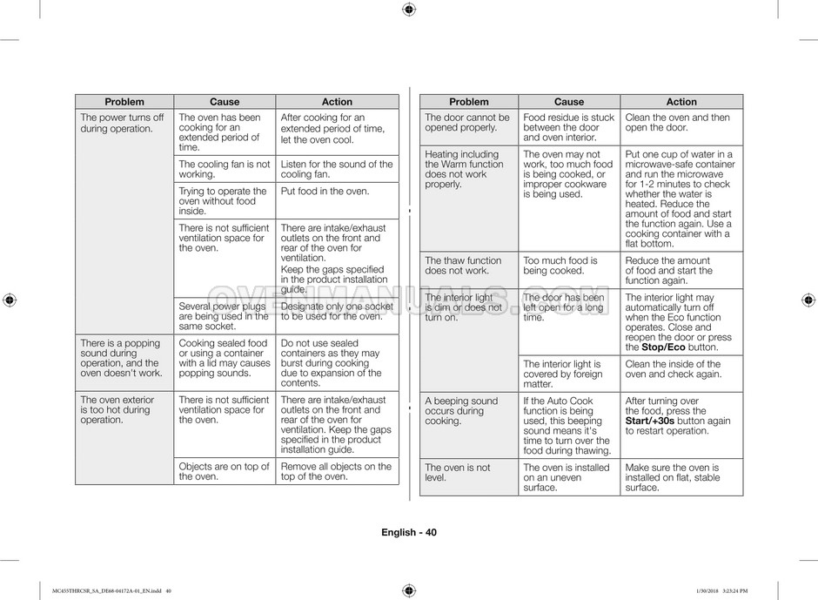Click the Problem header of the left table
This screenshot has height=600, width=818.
(124, 102)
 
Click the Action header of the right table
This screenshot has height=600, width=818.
(681, 102)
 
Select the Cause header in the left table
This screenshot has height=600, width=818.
(225, 102)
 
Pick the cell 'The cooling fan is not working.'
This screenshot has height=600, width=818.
(225, 169)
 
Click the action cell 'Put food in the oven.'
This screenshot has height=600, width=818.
(325, 192)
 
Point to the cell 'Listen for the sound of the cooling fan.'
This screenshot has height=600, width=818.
(337, 169)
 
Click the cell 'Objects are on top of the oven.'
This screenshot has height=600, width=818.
(225, 471)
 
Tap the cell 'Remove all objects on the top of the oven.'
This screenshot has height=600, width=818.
(336, 471)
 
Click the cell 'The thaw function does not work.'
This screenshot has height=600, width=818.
(463, 266)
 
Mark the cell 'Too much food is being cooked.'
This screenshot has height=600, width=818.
(560, 266)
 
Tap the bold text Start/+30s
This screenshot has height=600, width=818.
(650, 421)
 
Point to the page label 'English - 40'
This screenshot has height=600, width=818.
(409, 533)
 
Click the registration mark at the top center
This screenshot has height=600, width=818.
(409, 10)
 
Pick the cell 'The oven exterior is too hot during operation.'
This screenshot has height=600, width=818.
(117, 409)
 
